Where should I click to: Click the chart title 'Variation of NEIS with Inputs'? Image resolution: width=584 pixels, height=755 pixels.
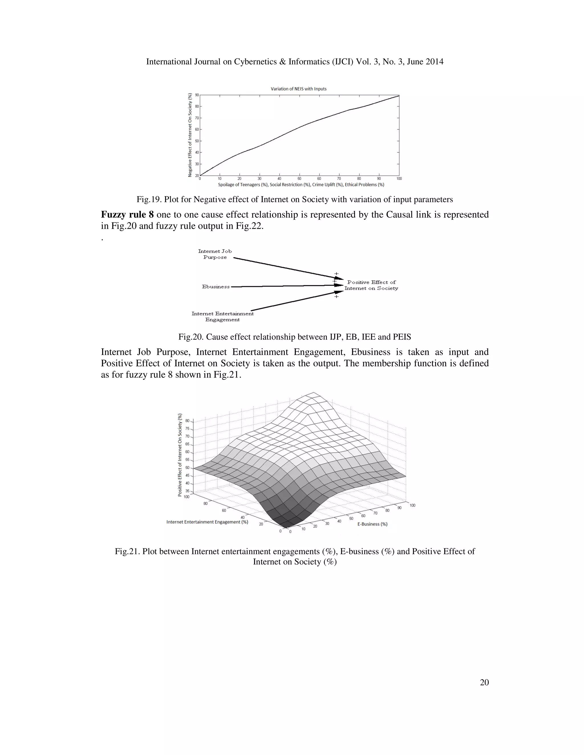pyautogui.click(x=298, y=89)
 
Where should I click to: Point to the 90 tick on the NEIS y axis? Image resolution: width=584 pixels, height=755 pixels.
pyautogui.click(x=196, y=95)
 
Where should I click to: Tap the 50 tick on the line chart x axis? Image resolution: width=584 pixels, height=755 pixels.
pyautogui.click(x=299, y=179)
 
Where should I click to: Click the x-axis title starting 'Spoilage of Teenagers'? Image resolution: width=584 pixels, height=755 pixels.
pyautogui.click(x=301, y=185)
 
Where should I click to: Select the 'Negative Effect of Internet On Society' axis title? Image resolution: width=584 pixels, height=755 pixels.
pyautogui.click(x=190, y=135)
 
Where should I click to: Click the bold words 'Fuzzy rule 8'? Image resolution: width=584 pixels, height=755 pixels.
pyautogui.click(x=127, y=215)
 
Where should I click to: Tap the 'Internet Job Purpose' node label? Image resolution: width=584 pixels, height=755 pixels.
pyautogui.click(x=215, y=254)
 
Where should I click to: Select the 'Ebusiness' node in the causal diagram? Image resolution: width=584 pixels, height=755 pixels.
pyautogui.click(x=216, y=287)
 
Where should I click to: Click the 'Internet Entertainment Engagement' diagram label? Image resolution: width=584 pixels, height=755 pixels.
pyautogui.click(x=222, y=316)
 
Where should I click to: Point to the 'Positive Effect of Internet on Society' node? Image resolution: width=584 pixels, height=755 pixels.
pyautogui.click(x=371, y=285)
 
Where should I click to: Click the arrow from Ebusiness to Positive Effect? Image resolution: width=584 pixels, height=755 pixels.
pyautogui.click(x=284, y=286)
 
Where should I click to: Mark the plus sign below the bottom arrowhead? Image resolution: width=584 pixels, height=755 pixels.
pyautogui.click(x=336, y=297)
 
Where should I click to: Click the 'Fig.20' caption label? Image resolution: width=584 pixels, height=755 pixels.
pyautogui.click(x=190, y=337)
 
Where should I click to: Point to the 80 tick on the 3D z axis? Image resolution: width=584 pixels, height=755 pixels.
pyautogui.click(x=187, y=421)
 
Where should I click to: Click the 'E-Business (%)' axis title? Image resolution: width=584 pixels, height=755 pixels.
pyautogui.click(x=372, y=524)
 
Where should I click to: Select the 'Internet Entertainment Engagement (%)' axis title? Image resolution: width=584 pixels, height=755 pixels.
pyautogui.click(x=207, y=522)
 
